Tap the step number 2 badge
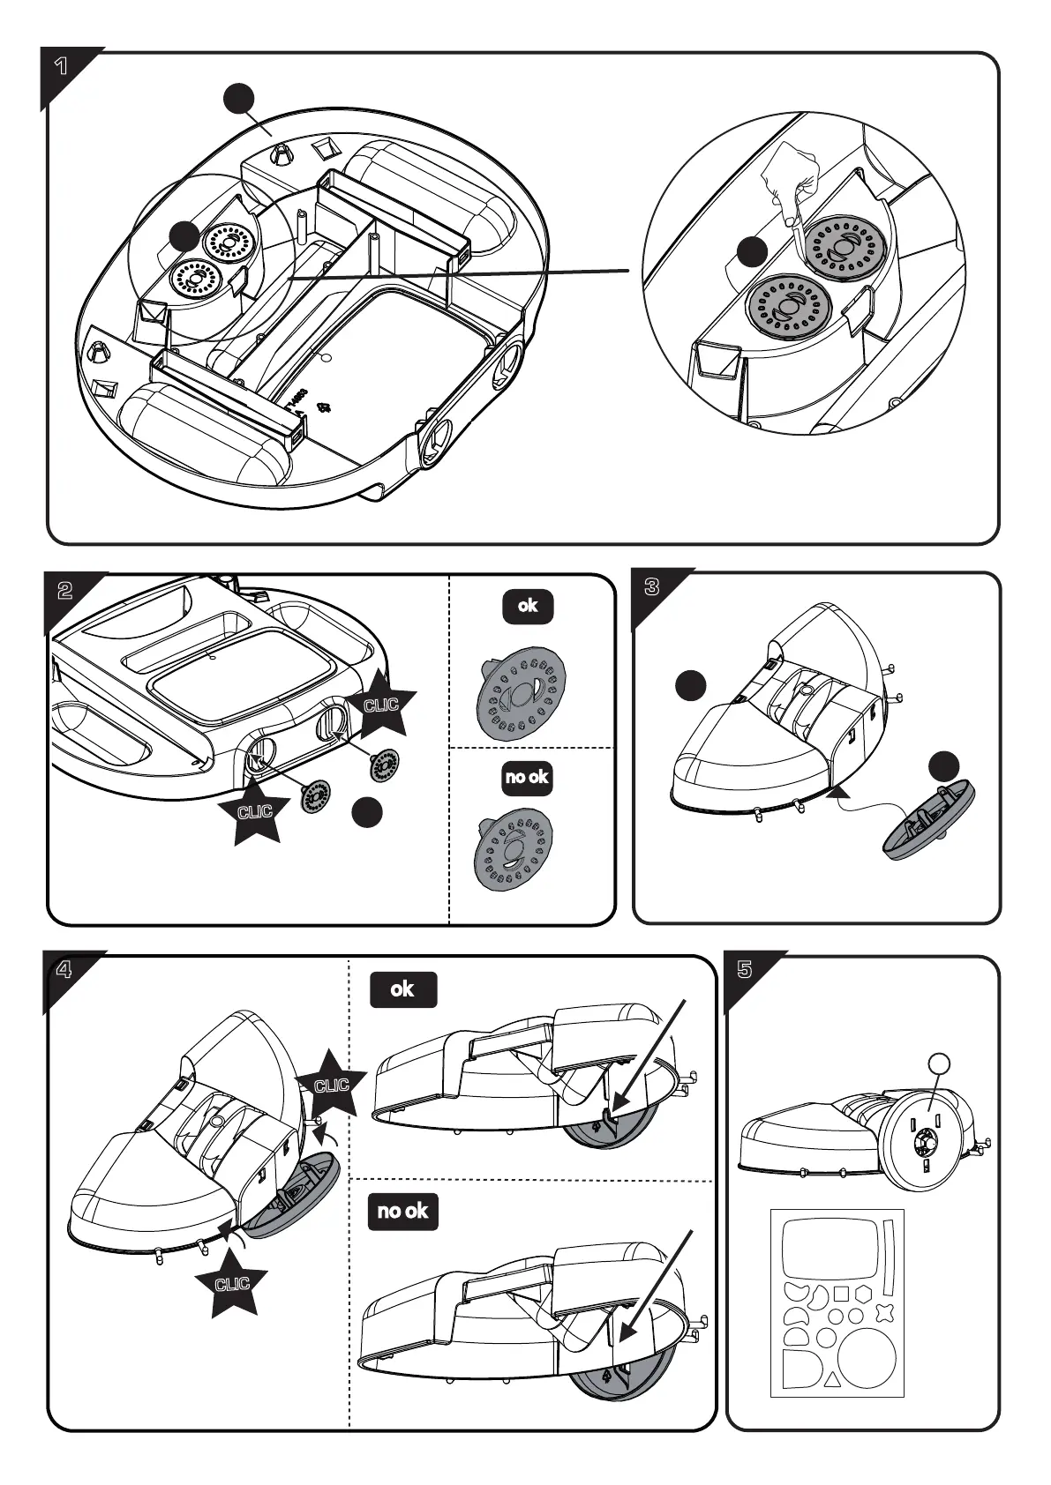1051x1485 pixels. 64,591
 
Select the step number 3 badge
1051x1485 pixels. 652,588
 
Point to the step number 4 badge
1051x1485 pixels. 64,970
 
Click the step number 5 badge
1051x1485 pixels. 744,970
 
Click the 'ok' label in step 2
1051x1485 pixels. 528,606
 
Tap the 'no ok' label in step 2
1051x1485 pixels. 527,777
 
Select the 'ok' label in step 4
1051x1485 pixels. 402,989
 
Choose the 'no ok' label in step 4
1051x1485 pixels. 402,1211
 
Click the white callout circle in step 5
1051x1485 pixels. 941,1064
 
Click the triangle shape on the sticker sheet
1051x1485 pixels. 831,1383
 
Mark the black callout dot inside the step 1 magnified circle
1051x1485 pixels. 752,251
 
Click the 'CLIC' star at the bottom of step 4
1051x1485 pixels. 232,1284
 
